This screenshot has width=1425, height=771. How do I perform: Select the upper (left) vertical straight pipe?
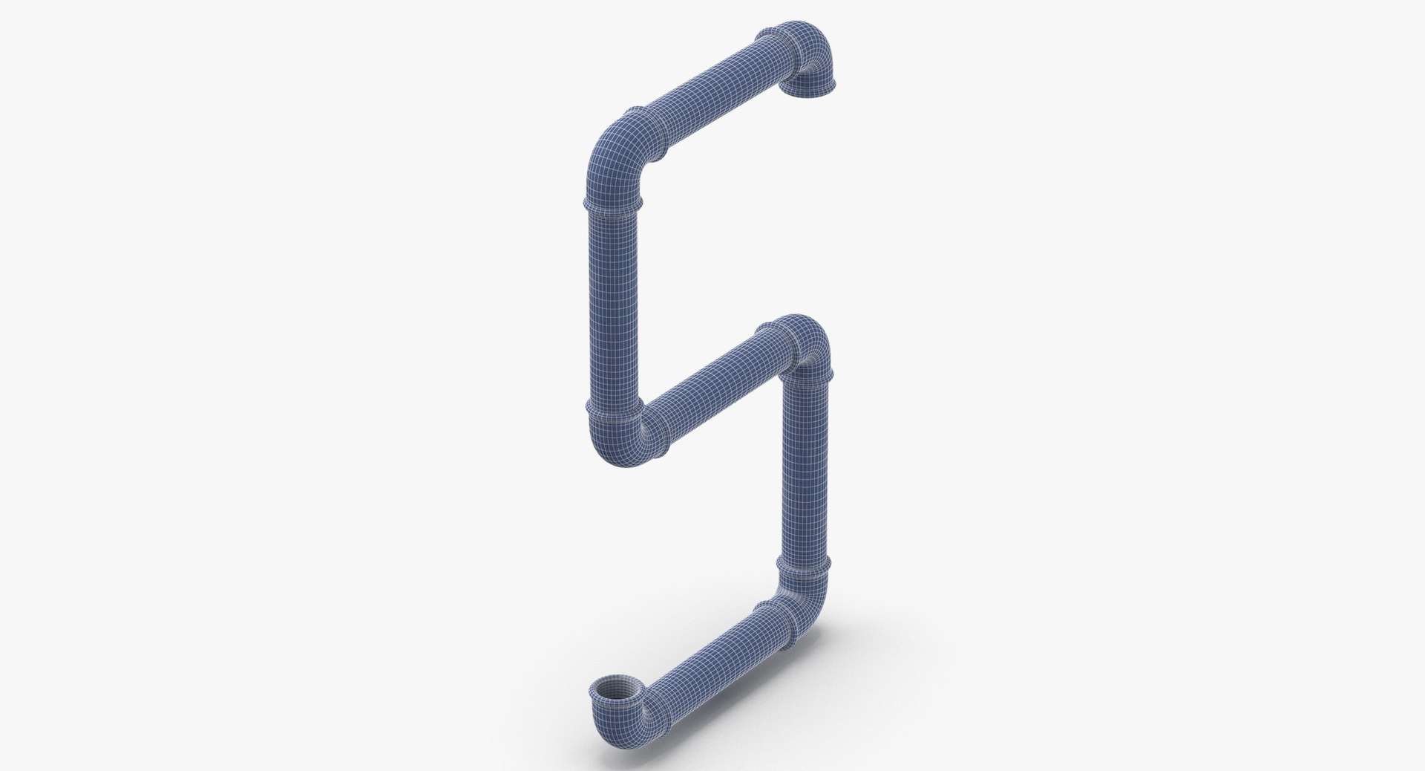(611, 305)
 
